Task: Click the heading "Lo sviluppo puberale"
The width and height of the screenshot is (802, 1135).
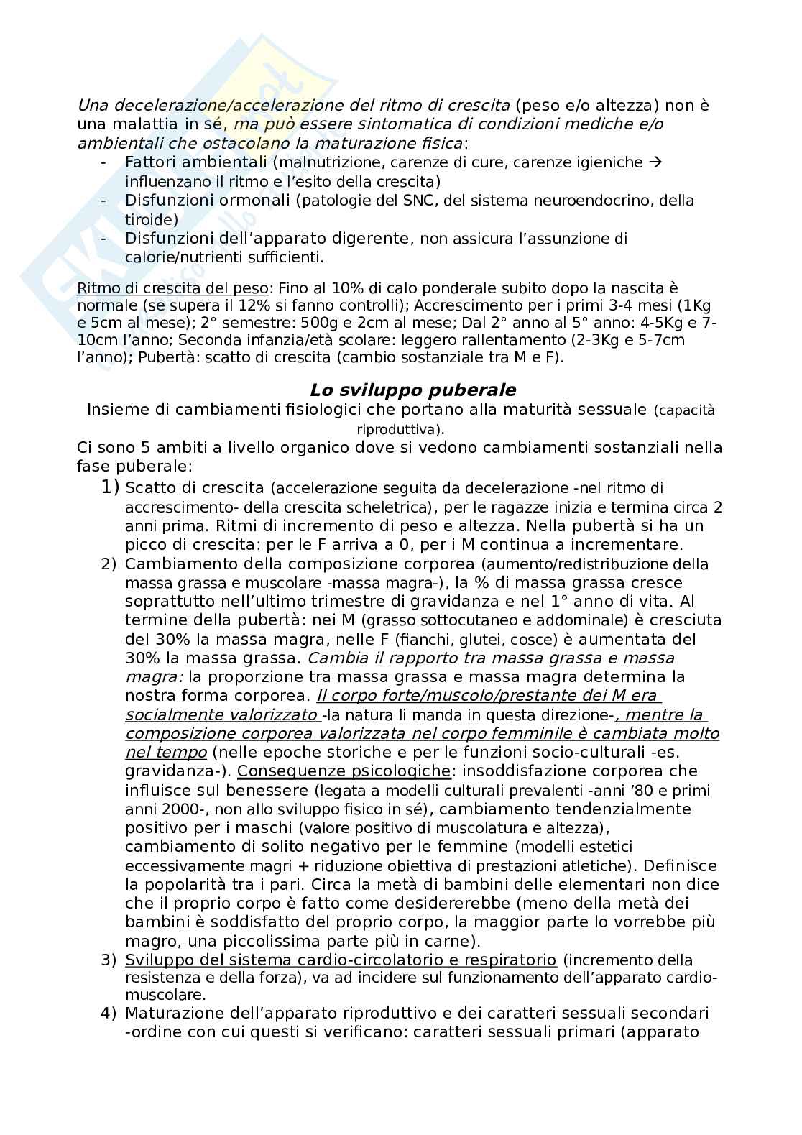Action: click(412, 390)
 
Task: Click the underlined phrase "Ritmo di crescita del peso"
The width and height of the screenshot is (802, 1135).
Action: click(172, 288)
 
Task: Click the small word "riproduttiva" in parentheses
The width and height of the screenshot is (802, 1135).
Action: click(399, 430)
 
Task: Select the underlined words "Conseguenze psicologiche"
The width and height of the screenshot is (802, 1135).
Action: click(344, 771)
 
